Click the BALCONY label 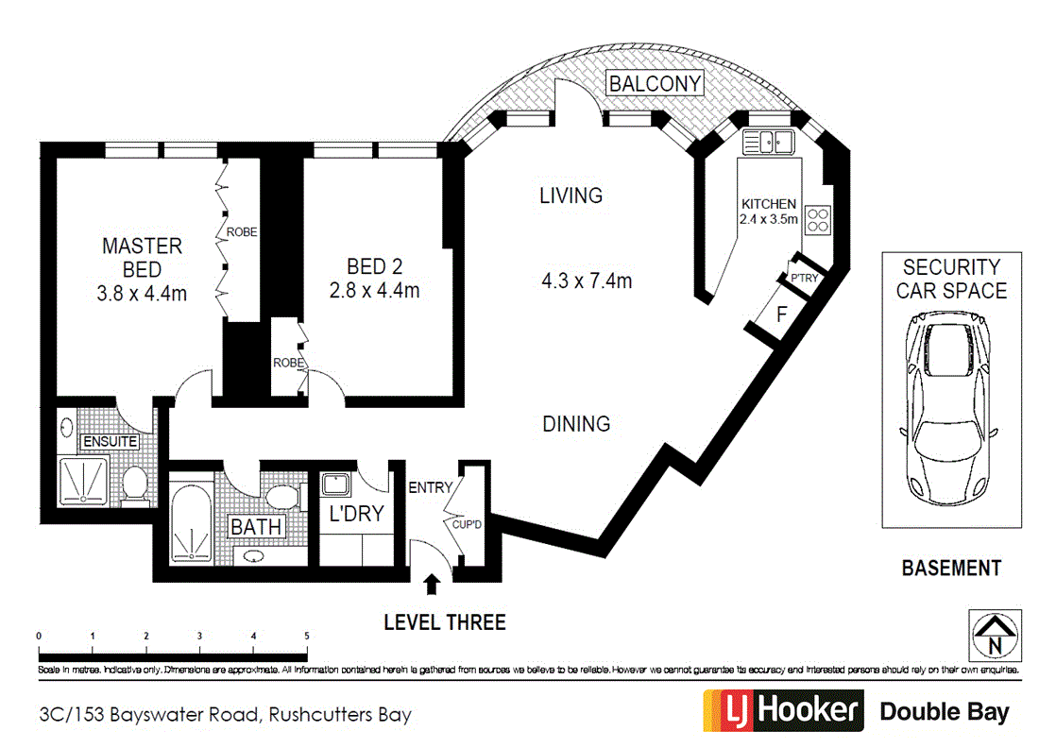[x=656, y=83]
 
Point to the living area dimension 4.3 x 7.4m [x=586, y=280]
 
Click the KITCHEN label [x=768, y=204]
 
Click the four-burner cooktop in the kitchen [x=817, y=219]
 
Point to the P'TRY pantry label [x=804, y=278]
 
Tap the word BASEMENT [x=950, y=568]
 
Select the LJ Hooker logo [x=783, y=711]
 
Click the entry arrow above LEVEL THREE [x=432, y=586]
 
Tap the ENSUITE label [x=111, y=442]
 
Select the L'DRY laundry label [x=354, y=514]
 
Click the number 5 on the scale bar [x=307, y=637]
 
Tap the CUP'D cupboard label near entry [x=470, y=525]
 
